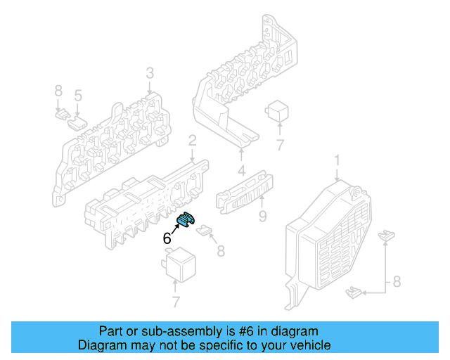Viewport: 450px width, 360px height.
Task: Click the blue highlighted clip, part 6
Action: pyautogui.click(x=184, y=220)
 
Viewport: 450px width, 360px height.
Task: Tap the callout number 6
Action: pyautogui.click(x=167, y=238)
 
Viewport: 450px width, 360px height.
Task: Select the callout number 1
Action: pyautogui.click(x=336, y=162)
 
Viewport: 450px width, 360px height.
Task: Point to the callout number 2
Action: pyautogui.click(x=191, y=144)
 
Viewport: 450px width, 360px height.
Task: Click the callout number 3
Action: pyautogui.click(x=150, y=73)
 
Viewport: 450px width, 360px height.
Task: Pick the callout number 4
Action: pyautogui.click(x=241, y=169)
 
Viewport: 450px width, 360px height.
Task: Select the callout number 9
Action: pyautogui.click(x=262, y=216)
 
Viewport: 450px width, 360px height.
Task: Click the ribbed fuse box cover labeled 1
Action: pyautogui.click(x=329, y=239)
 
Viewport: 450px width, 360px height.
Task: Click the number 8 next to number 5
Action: pyautogui.click(x=58, y=91)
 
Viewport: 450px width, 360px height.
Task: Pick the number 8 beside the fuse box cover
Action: pyautogui.click(x=396, y=282)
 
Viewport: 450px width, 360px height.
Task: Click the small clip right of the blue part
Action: pyautogui.click(x=205, y=229)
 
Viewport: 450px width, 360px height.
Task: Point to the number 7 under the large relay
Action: pyautogui.click(x=174, y=302)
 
